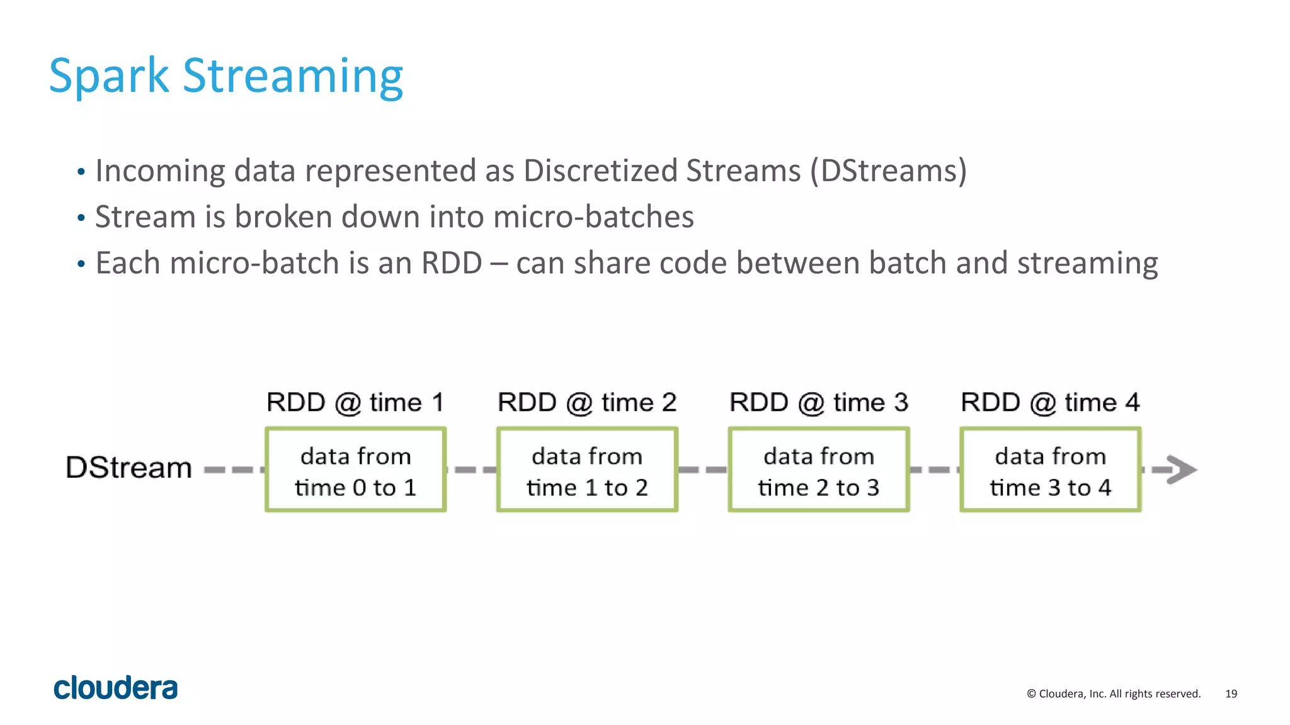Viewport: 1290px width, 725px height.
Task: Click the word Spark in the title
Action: point(108,77)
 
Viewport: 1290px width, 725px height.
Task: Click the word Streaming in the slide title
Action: point(292,77)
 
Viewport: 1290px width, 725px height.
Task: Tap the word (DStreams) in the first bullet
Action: point(888,171)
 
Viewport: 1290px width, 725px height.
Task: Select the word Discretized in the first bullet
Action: point(599,171)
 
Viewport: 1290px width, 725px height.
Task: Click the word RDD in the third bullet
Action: point(451,263)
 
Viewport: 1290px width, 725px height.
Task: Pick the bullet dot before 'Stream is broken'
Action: point(81,218)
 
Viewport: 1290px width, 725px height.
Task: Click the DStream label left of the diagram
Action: point(128,468)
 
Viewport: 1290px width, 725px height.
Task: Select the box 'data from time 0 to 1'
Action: point(356,470)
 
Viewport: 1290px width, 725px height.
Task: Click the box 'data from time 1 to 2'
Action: point(587,470)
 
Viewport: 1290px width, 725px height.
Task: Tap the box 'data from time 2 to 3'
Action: point(819,470)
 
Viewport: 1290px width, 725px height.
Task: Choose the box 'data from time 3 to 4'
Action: point(1050,470)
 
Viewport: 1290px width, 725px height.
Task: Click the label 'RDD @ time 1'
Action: point(355,403)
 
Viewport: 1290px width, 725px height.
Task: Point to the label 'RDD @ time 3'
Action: point(819,403)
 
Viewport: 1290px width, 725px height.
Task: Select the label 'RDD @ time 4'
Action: point(1050,403)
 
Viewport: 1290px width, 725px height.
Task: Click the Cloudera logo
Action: point(116,688)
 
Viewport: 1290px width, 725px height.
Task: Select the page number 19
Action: point(1231,694)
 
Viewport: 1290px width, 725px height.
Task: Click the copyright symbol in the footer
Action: point(1031,694)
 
